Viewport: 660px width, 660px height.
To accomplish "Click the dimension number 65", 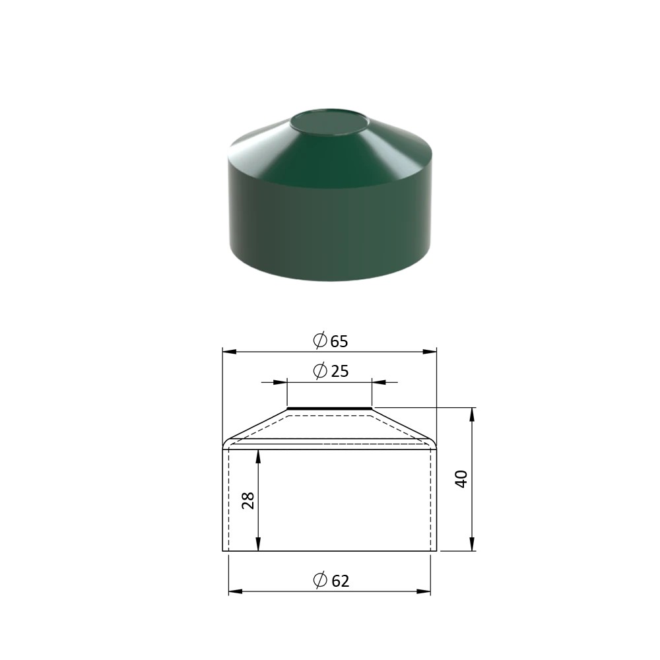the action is coord(339,341).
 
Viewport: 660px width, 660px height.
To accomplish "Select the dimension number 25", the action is coord(340,371).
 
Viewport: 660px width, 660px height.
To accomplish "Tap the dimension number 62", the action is coord(340,581).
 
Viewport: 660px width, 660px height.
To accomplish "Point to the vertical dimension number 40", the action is coord(462,479).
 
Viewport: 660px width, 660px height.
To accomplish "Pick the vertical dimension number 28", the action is coord(248,500).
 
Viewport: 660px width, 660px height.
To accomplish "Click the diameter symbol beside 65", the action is coord(320,340).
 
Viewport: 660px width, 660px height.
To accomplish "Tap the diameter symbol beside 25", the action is coord(320,370).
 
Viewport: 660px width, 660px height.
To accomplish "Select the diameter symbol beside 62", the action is coord(320,579).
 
